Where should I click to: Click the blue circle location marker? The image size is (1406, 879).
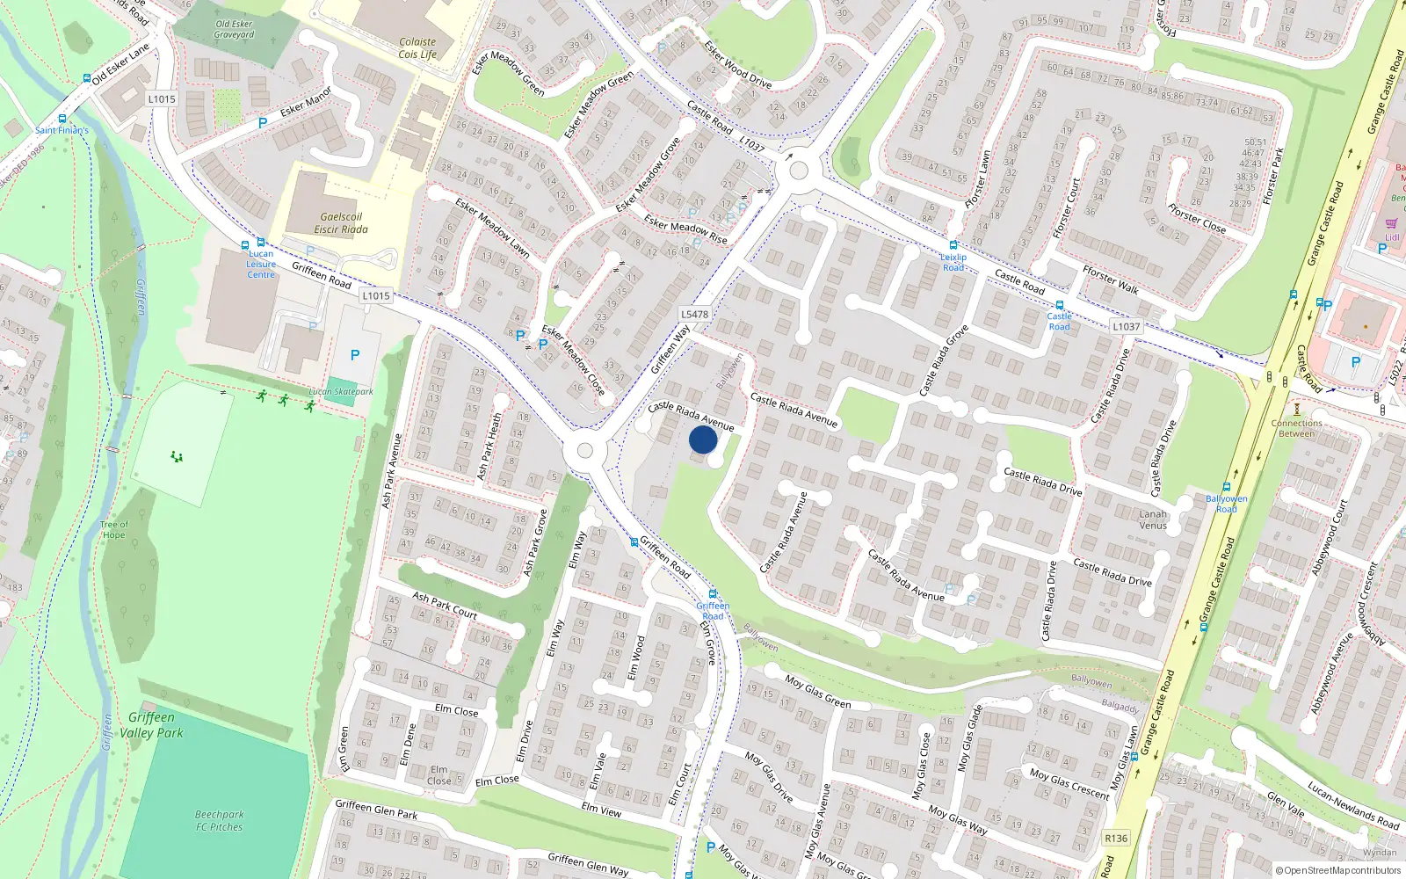click(703, 439)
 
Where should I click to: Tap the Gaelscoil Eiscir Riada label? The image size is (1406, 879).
click(341, 223)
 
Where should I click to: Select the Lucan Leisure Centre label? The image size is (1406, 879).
click(261, 264)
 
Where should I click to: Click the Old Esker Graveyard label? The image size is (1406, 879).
click(234, 29)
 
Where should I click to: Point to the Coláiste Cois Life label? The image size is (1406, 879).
click(417, 47)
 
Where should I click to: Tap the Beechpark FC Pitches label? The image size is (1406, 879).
click(219, 820)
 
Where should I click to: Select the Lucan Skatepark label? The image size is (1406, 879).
click(341, 392)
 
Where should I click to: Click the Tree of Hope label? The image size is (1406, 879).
click(113, 530)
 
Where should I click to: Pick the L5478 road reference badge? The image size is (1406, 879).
click(694, 314)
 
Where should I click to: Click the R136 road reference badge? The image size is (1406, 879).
click(1116, 838)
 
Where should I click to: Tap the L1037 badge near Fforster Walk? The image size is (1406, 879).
click(1126, 326)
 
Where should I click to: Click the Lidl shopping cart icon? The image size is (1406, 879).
click(1391, 224)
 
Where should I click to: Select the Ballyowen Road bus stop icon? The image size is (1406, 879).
click(1227, 487)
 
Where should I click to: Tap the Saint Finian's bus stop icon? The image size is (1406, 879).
click(62, 119)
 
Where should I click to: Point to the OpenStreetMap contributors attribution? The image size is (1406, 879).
click(1338, 871)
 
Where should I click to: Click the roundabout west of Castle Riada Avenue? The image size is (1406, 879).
click(584, 452)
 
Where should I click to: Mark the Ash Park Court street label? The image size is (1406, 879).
click(445, 606)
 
